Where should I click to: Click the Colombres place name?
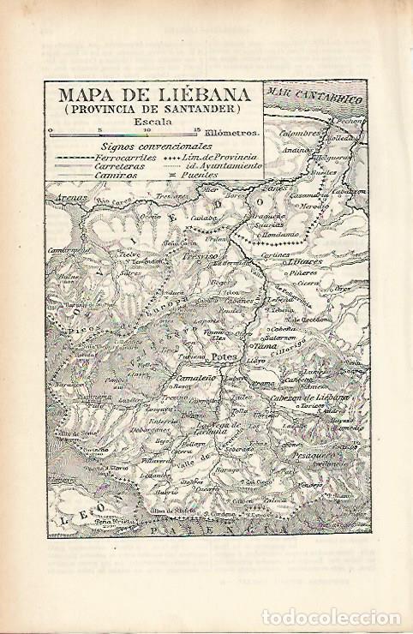click(x=300, y=134)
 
